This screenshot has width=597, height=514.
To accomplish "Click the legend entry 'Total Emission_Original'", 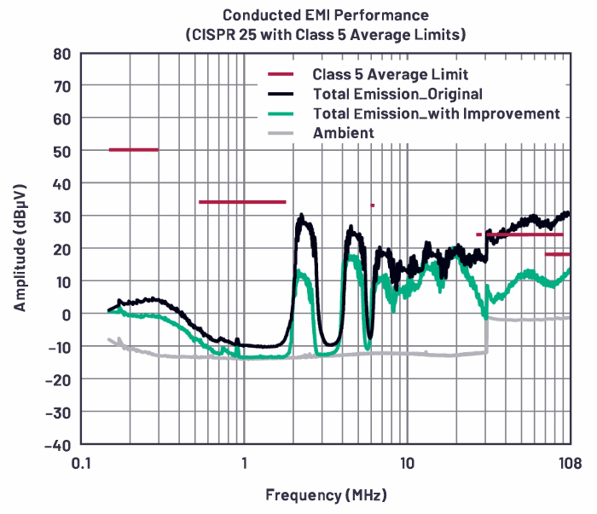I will tap(397, 94).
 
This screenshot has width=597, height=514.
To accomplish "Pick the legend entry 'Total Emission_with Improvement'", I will tap(436, 113).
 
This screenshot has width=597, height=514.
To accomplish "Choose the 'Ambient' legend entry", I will tap(343, 133).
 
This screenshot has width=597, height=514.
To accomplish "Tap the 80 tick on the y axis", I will tap(61, 53).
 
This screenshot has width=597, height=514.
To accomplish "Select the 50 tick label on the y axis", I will tap(61, 151).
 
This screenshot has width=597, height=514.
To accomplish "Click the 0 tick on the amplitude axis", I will tap(65, 314).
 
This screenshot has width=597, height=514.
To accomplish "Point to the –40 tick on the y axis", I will tap(57, 444).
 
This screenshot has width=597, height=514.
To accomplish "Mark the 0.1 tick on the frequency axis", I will tap(82, 464).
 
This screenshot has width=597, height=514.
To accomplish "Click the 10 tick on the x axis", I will tap(407, 464).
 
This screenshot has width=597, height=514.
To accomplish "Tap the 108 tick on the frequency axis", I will tap(571, 464).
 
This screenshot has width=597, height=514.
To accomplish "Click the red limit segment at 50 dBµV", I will tap(134, 150).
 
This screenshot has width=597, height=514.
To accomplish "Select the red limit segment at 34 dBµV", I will tap(242, 202).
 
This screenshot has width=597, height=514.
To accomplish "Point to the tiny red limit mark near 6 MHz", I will tap(373, 205).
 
